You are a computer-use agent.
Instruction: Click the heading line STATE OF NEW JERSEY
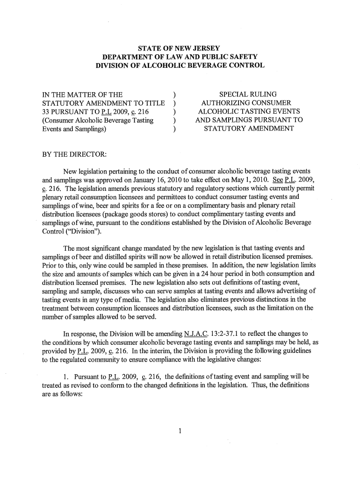pyautogui.click(x=180, y=48)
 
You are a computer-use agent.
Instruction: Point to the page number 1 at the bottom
pyautogui.click(x=180, y=430)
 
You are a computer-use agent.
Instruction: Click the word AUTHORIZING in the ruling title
pyautogui.click(x=223, y=103)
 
